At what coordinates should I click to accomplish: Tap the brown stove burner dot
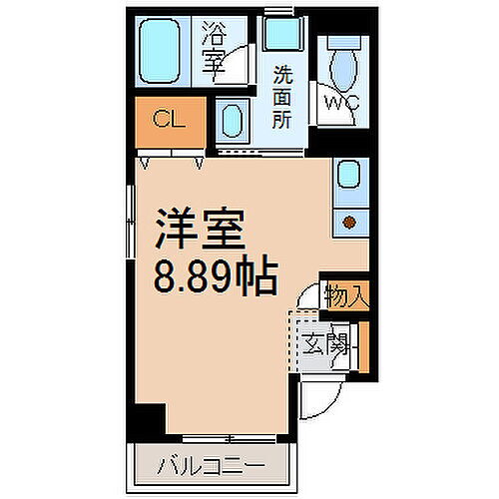pos(349,223)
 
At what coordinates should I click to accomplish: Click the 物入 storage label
pos(347,295)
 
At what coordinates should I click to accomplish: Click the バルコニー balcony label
pos(210,466)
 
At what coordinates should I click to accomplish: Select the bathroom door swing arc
pos(233,70)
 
